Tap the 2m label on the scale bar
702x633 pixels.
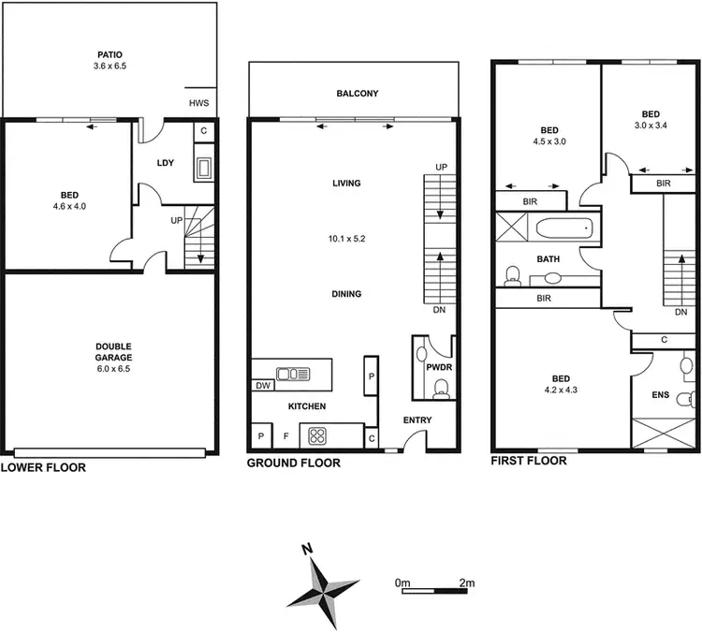pos(467,582)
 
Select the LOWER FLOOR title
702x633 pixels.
pos(43,466)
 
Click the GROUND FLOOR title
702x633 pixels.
pos(293,463)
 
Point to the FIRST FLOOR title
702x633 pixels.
pos(529,461)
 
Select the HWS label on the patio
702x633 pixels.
pos(199,103)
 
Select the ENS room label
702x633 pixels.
pos(660,394)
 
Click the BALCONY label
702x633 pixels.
pos(357,94)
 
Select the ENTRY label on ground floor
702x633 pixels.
pos(417,420)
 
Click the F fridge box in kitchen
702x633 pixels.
pos(286,436)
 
